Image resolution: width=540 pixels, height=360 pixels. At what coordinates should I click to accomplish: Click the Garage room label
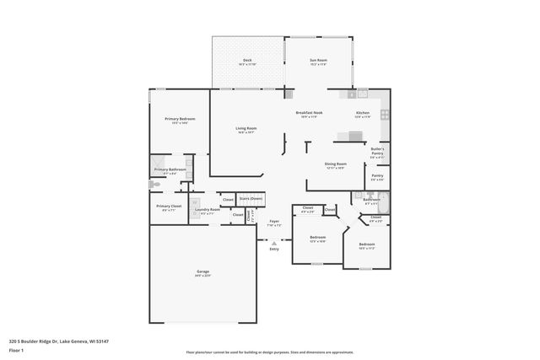(x=202, y=273)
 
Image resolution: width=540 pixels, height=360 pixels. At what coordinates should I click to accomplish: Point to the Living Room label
(x=246, y=130)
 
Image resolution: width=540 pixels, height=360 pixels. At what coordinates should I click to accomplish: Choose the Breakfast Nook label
(x=308, y=115)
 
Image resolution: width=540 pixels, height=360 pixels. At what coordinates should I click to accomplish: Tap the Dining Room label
(x=336, y=165)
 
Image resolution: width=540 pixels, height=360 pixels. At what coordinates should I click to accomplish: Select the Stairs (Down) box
(x=251, y=198)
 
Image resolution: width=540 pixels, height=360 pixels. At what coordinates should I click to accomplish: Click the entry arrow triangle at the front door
(x=273, y=242)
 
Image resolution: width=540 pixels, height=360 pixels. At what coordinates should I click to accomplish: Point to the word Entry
(x=273, y=249)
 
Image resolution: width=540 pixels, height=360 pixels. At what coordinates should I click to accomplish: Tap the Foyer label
(x=275, y=224)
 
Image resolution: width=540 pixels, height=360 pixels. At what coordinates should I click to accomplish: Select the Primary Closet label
(x=169, y=207)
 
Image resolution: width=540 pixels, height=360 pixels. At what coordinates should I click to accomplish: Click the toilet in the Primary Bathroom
(x=154, y=184)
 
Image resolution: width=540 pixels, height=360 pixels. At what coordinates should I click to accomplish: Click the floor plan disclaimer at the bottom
(x=271, y=352)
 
